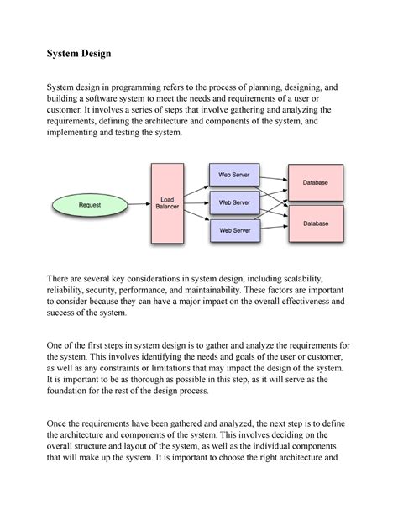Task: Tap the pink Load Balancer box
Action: tap(167, 203)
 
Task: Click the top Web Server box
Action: tap(234, 176)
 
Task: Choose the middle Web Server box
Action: tap(234, 202)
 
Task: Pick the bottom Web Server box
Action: tap(234, 229)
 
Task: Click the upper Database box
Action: tap(316, 182)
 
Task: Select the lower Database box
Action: tap(316, 223)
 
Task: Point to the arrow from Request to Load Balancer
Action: tap(138, 204)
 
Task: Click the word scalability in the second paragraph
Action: tap(312, 276)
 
